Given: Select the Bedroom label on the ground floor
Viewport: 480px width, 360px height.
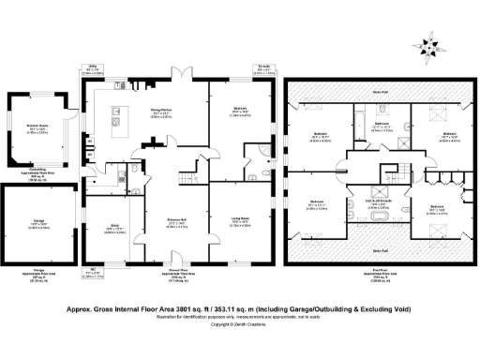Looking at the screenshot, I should point(242,112).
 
